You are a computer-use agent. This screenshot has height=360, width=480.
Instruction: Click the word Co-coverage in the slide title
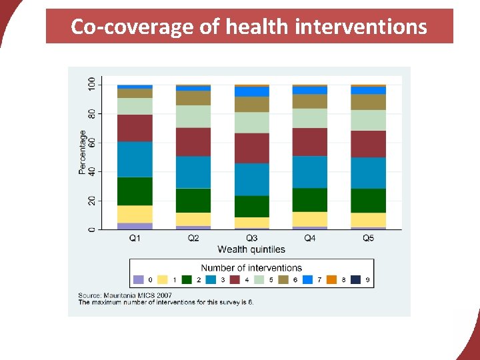112,27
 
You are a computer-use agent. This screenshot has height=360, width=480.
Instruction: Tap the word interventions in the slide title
361,27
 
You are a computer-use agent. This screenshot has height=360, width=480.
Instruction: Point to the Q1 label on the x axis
135,239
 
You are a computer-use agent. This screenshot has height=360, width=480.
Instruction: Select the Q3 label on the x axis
251,239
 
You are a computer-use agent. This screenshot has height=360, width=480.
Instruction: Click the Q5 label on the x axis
368,239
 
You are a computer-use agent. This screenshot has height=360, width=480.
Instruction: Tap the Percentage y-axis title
83,152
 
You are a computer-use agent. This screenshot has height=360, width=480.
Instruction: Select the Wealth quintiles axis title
251,249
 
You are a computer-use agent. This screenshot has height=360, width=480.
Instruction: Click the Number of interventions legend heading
251,268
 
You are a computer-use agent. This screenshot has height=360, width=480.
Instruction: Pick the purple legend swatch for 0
139,280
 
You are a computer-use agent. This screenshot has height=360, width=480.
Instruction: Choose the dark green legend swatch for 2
187,280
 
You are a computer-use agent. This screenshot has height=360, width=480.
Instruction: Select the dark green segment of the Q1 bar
135,191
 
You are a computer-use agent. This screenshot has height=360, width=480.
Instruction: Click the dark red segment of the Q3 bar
251,148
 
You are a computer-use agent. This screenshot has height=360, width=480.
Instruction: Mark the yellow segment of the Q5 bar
368,220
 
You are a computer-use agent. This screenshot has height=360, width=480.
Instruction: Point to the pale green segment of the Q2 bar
193,117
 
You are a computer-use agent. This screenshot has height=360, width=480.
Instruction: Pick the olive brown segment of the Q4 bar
310,101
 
